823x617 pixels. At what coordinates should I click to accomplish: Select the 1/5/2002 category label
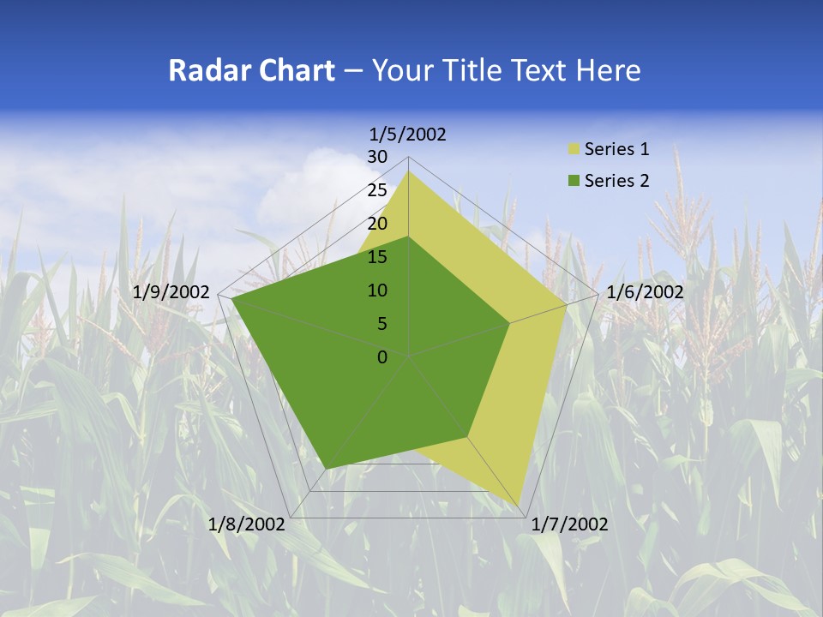click(408, 135)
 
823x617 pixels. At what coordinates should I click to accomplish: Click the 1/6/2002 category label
click(645, 292)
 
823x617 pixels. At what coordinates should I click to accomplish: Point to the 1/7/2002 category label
click(569, 524)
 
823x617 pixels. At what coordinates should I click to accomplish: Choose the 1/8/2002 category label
click(247, 524)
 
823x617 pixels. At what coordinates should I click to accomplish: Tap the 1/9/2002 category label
click(171, 292)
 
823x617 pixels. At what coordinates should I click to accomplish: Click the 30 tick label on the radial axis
click(377, 157)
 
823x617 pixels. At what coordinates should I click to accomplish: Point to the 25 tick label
click(377, 190)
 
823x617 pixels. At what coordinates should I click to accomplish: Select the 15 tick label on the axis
click(377, 257)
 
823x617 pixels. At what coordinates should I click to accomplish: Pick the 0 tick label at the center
click(382, 356)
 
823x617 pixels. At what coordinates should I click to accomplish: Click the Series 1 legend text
click(616, 149)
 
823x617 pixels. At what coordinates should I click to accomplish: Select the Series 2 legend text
click(616, 181)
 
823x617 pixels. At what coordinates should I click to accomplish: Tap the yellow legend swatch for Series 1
click(574, 150)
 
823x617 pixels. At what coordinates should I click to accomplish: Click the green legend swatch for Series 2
click(574, 181)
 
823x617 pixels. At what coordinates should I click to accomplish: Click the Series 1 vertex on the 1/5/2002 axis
click(408, 171)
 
